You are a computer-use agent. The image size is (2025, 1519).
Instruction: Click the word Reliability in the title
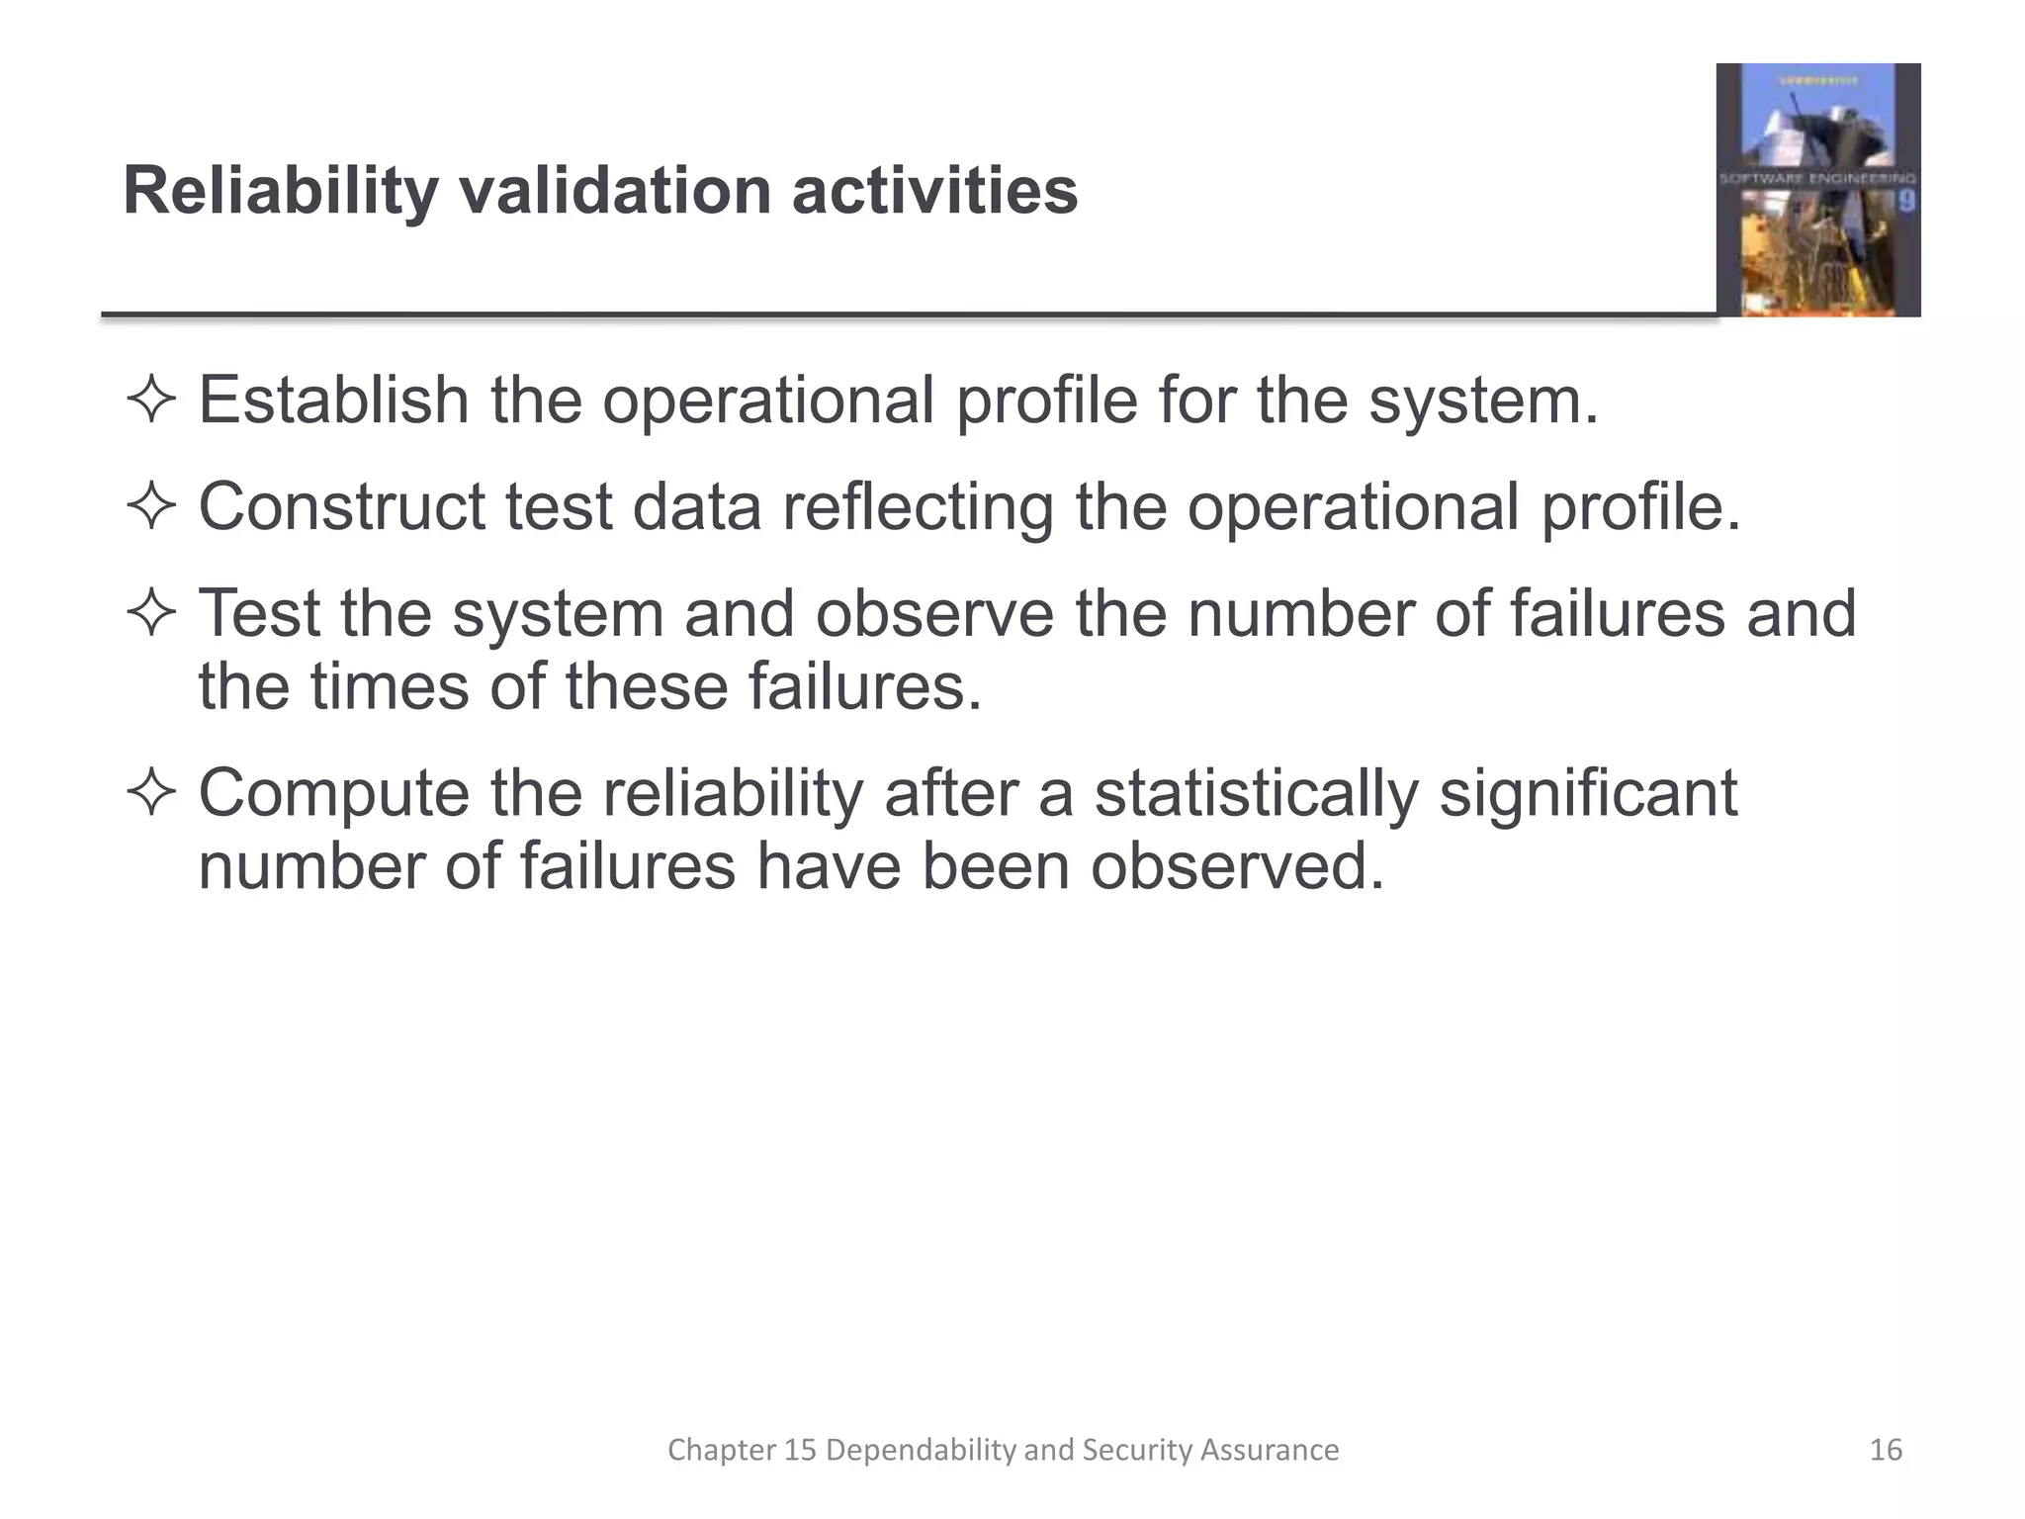click(280, 191)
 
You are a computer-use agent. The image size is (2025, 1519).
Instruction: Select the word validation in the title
click(615, 191)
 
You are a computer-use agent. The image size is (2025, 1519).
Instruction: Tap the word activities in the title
click(934, 191)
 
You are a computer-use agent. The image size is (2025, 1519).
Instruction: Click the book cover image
click(1817, 190)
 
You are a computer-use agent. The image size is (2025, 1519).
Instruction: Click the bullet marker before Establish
click(151, 402)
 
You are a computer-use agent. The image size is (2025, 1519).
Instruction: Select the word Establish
click(333, 401)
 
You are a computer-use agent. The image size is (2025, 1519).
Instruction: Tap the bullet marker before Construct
click(151, 508)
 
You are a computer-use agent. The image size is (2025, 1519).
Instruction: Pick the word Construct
click(342, 506)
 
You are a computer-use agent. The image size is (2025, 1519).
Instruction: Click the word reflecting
click(918, 506)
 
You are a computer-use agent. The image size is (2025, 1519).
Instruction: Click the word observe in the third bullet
click(934, 613)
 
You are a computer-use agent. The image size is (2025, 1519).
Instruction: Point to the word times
click(391, 686)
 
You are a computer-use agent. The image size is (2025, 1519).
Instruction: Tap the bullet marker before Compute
click(151, 794)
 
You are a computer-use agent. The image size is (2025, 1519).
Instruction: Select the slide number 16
click(1886, 1450)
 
